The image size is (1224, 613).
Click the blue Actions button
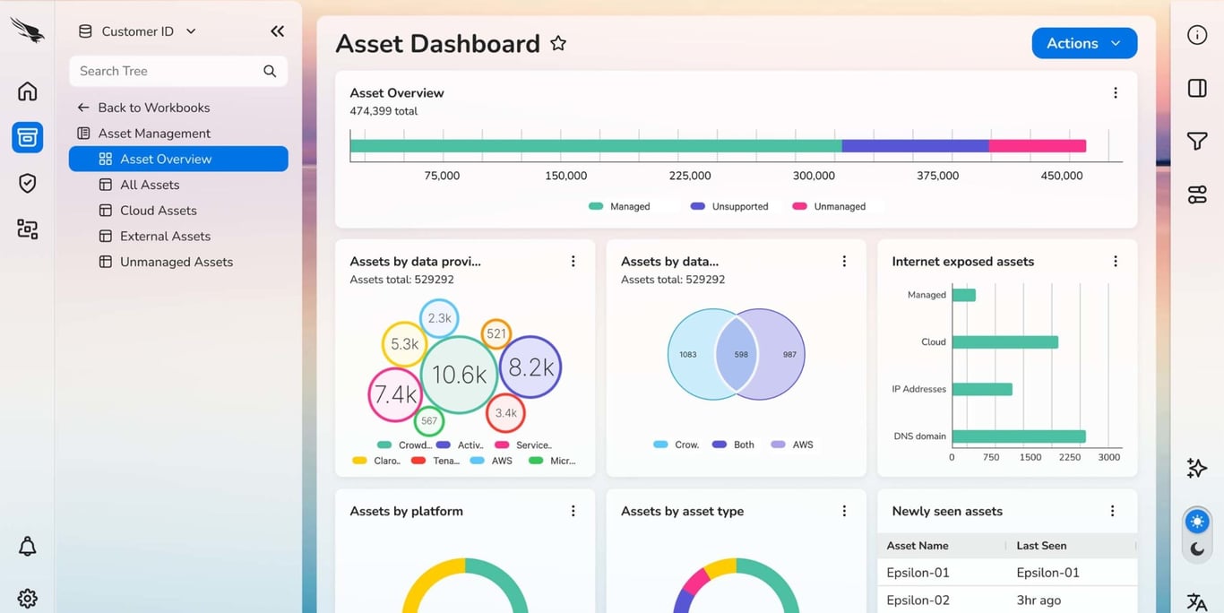click(1084, 43)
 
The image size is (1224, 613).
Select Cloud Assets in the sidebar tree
click(159, 211)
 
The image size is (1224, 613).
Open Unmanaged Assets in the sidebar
click(177, 262)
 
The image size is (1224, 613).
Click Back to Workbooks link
click(153, 108)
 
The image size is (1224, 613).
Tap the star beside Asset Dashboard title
click(558, 43)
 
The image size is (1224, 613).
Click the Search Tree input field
click(166, 71)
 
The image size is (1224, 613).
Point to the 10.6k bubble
click(459, 374)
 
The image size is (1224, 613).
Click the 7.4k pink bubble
click(395, 394)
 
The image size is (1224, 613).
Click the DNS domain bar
click(1019, 436)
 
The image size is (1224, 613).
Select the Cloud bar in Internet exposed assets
click(1004, 342)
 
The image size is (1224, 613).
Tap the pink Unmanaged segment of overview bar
click(1038, 145)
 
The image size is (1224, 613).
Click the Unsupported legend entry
click(739, 206)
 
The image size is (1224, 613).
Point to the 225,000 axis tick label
click(690, 176)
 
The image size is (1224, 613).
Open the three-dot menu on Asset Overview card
click(1116, 93)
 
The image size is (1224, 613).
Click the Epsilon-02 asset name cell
click(918, 600)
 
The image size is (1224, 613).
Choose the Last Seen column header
click(1041, 545)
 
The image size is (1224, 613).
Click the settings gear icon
click(28, 598)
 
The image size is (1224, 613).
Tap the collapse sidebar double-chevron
click(277, 31)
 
